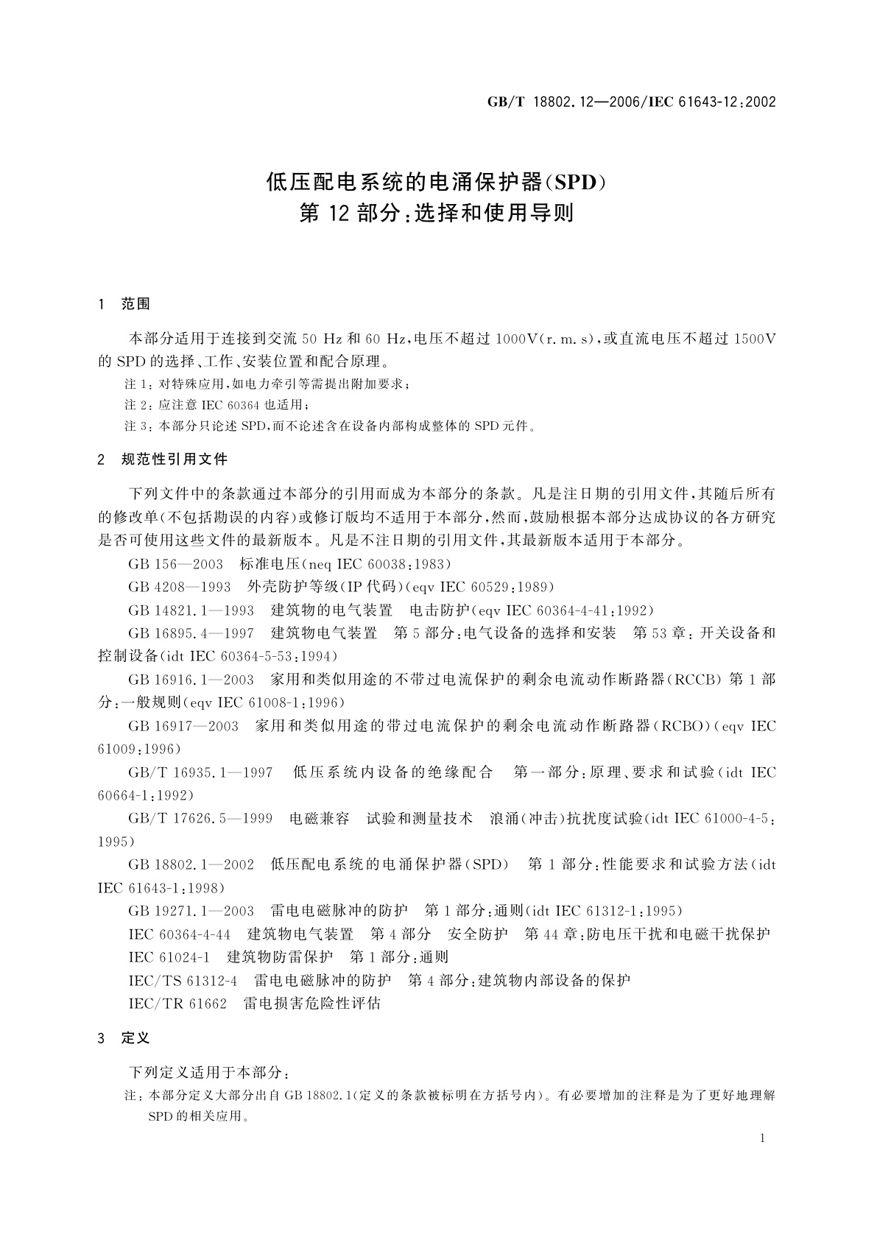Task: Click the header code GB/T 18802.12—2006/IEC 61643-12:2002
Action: (631, 102)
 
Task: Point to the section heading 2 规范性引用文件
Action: (163, 459)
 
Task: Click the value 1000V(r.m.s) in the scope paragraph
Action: (544, 339)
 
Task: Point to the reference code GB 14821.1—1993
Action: (191, 610)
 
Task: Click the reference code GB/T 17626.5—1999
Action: (200, 819)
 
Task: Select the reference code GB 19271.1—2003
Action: (191, 911)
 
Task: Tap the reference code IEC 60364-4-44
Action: (180, 934)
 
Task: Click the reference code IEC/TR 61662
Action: (177, 1004)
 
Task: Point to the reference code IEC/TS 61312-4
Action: (183, 981)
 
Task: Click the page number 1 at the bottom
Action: (762, 1138)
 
